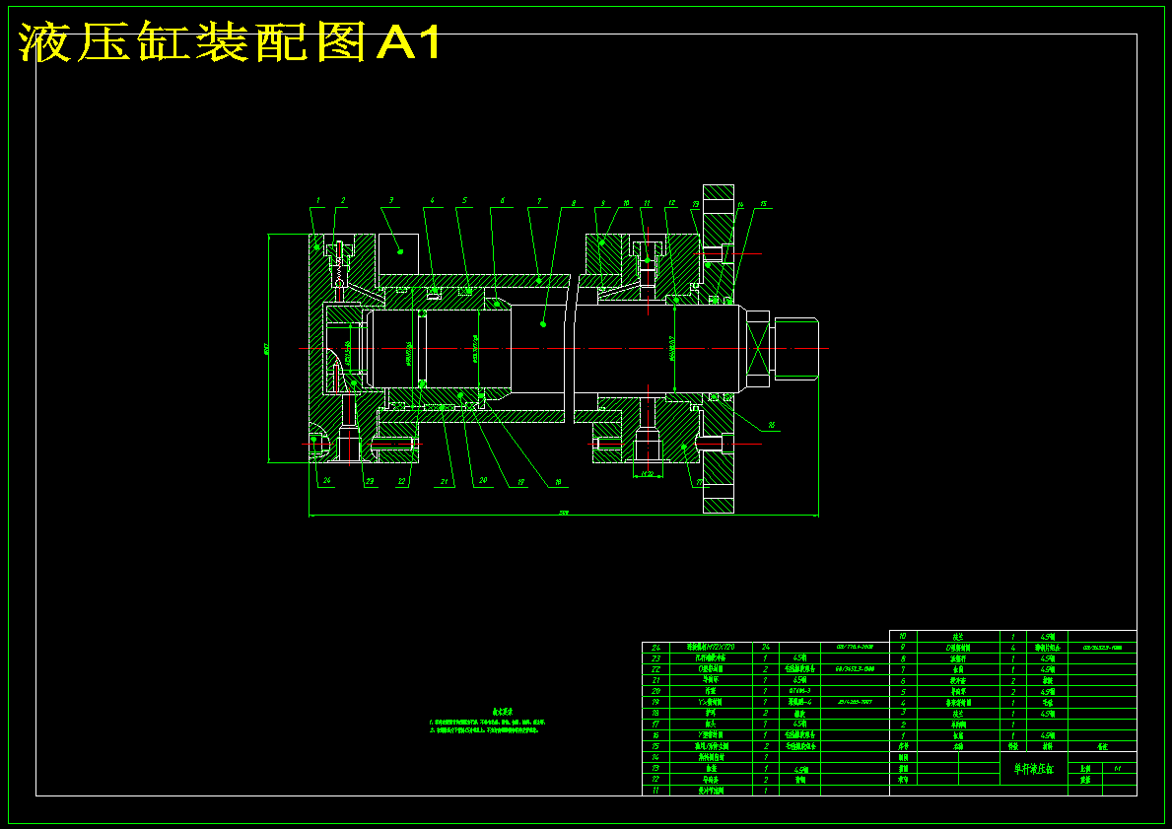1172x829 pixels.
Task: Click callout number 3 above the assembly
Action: (391, 200)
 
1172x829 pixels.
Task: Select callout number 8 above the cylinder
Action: (573, 203)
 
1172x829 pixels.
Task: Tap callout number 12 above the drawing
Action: (671, 203)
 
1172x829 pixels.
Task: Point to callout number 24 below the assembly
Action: (326, 481)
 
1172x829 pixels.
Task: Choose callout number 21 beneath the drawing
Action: (445, 482)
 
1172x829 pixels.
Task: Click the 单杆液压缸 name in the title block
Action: (1032, 768)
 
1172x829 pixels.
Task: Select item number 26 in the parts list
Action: (655, 648)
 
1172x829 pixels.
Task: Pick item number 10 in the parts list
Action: (902, 637)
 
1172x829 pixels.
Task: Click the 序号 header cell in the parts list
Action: (902, 747)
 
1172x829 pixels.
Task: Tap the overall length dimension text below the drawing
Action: (564, 513)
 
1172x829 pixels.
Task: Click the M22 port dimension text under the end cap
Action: (648, 474)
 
